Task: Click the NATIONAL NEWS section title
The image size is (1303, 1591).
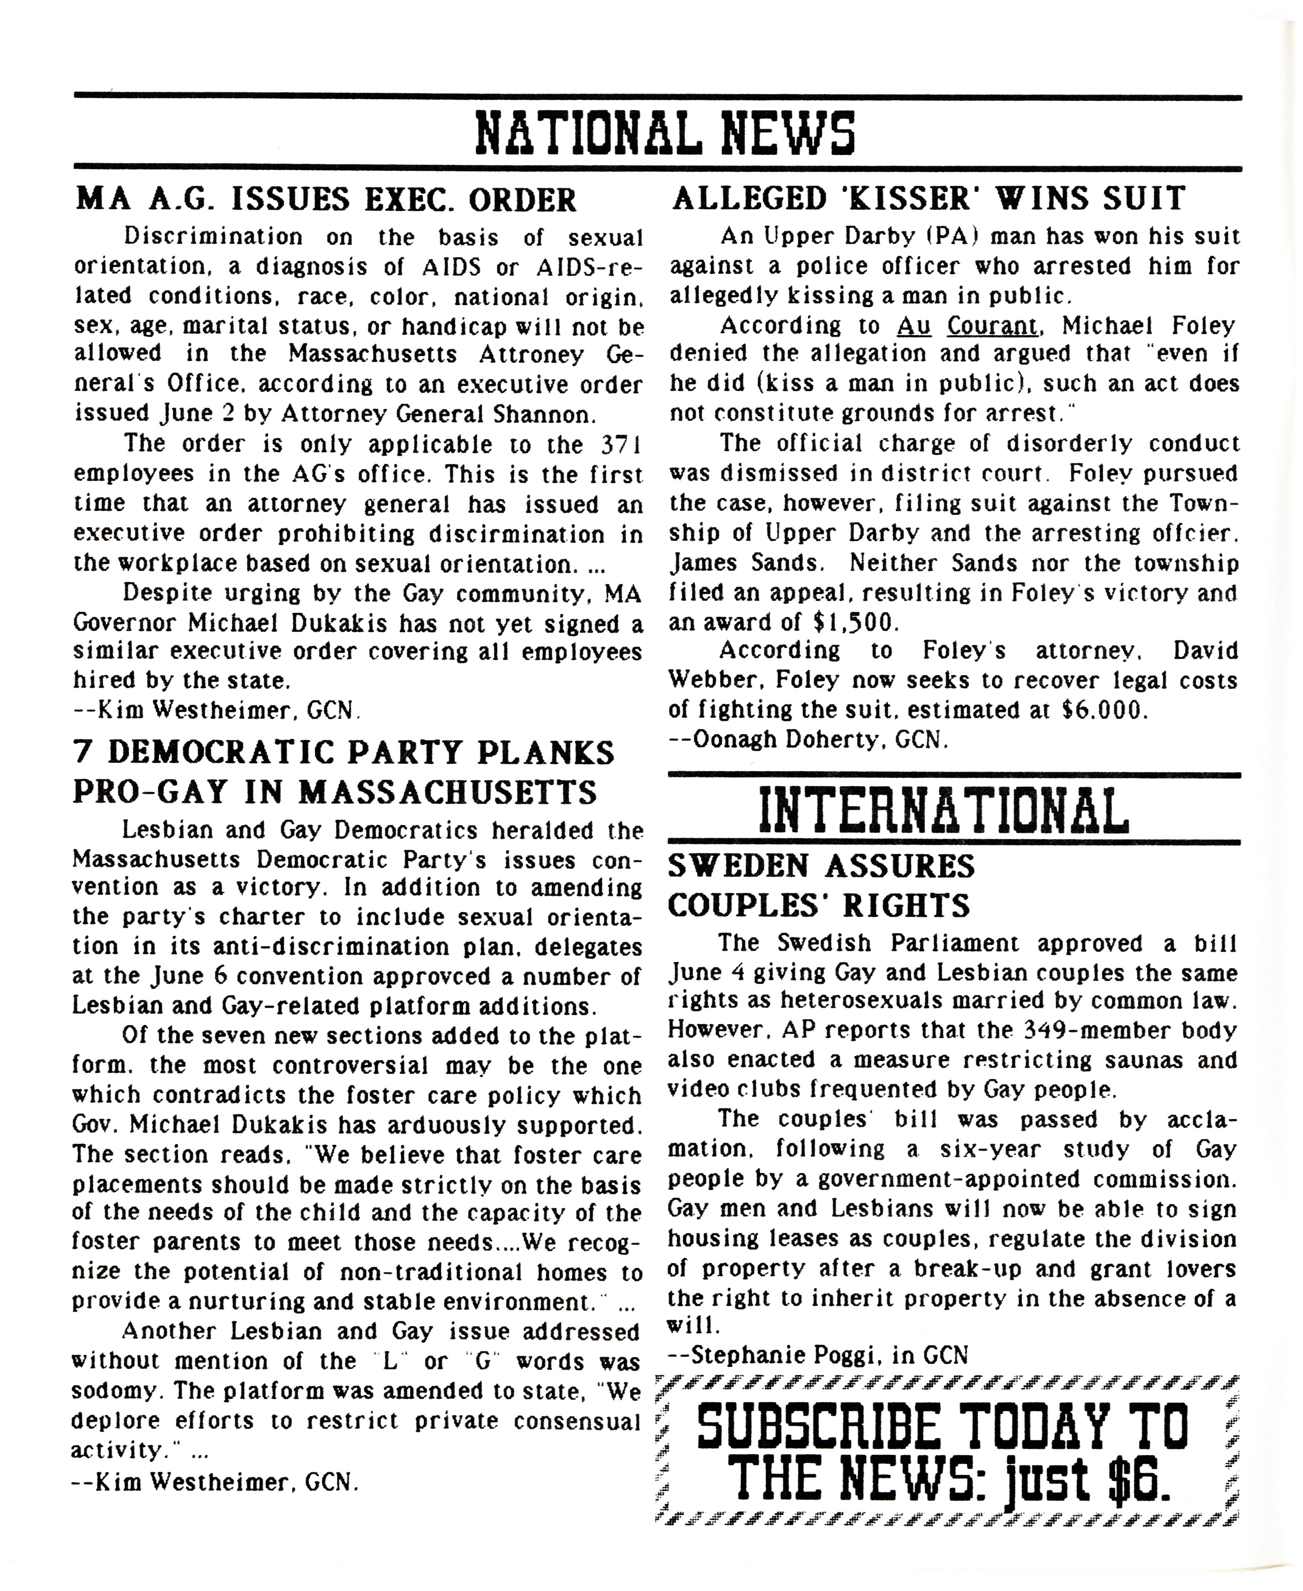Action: click(x=666, y=133)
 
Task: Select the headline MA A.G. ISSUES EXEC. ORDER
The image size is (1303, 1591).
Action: click(x=326, y=200)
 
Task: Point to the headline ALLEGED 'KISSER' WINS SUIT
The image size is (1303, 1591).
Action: click(x=929, y=198)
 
